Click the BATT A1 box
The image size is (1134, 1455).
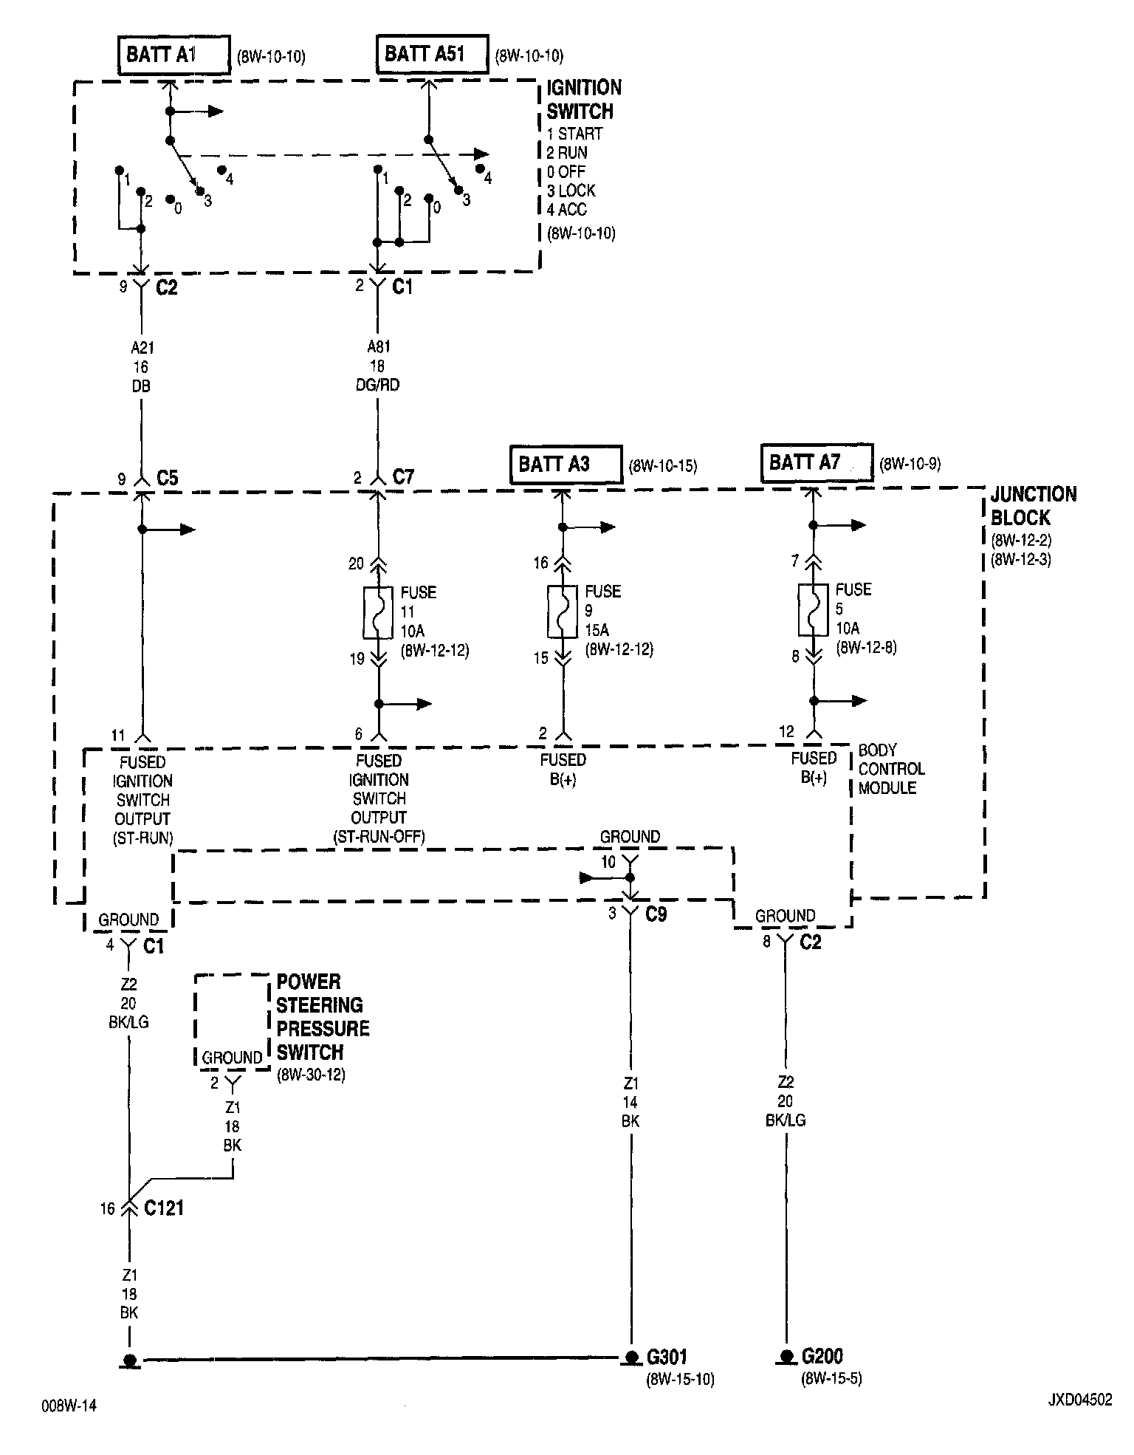(x=173, y=55)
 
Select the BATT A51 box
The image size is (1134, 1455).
(x=432, y=54)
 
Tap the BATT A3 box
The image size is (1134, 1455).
(x=566, y=465)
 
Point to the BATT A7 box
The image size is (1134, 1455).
(x=817, y=463)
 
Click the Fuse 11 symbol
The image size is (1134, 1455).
(x=379, y=613)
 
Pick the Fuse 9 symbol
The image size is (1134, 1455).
(x=563, y=612)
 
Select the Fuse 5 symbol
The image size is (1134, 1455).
(x=814, y=610)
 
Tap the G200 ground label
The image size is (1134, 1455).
(x=822, y=1357)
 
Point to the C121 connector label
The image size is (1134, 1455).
(x=164, y=1208)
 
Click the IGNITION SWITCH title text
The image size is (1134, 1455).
(x=583, y=100)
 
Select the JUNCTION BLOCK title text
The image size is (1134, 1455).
(x=1033, y=506)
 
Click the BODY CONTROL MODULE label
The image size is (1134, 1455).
(x=891, y=769)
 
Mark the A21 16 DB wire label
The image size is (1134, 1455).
(x=141, y=366)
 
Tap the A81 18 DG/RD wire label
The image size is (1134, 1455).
(x=378, y=366)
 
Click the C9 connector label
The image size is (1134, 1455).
(x=656, y=914)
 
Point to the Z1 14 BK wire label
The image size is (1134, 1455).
(x=630, y=1102)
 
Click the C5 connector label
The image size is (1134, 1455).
(x=168, y=479)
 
